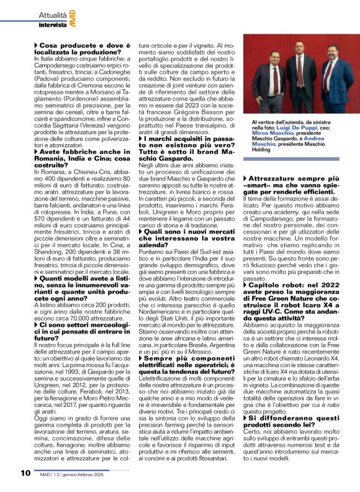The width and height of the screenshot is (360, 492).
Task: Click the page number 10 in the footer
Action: point(25,473)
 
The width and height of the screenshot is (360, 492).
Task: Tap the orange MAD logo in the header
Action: point(73,16)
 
